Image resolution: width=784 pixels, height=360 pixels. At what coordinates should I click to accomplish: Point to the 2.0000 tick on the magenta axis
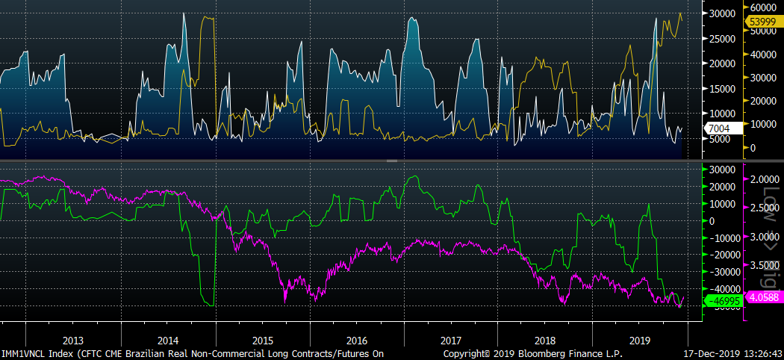click(x=763, y=180)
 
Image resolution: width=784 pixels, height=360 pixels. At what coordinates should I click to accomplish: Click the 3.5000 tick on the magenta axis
click(x=763, y=265)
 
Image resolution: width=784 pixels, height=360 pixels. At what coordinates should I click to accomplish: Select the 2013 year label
click(x=72, y=338)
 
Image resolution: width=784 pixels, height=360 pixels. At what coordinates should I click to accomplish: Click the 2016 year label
click(x=357, y=338)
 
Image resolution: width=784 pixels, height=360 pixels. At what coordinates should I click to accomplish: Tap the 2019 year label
click(x=641, y=338)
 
